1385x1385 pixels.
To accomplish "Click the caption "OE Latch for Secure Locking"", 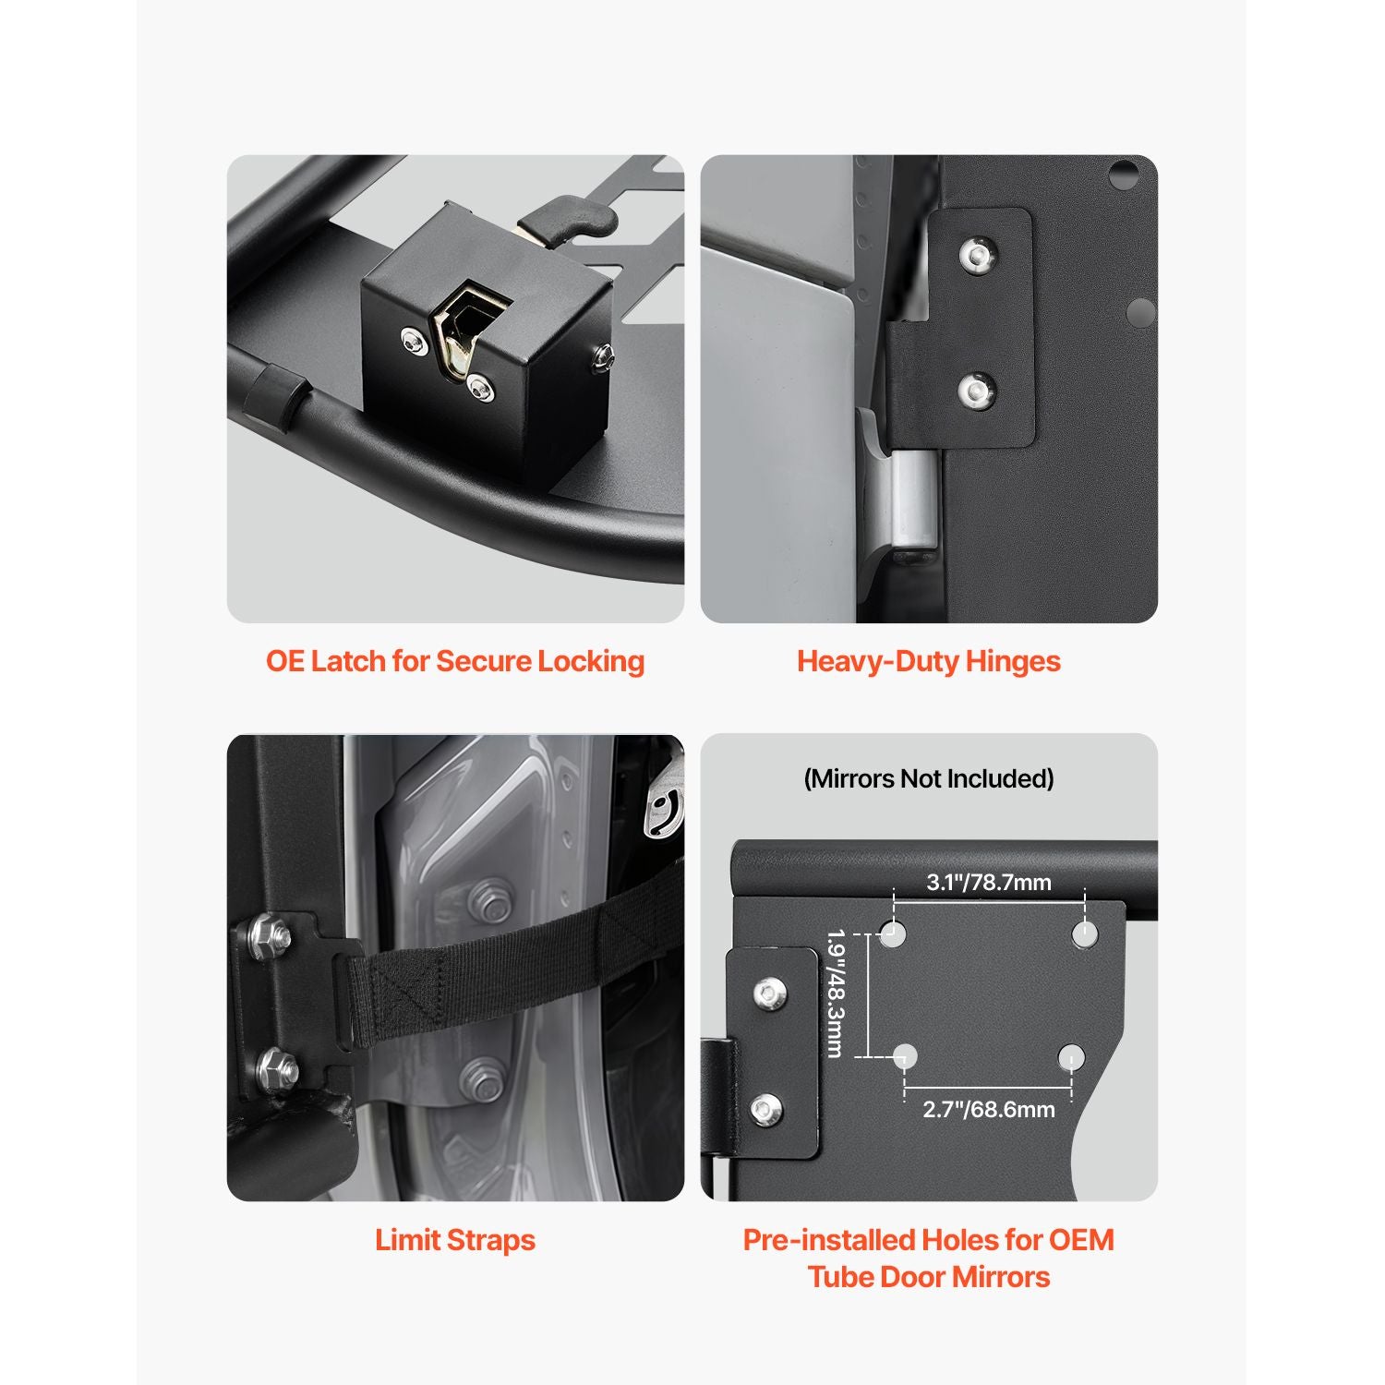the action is [455, 661].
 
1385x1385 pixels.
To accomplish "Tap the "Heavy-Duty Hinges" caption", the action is [929, 661].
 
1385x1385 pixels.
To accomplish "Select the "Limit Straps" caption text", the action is [455, 1240].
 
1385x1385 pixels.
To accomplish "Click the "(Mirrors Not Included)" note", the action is [929, 778].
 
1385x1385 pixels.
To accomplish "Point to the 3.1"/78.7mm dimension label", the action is [989, 883].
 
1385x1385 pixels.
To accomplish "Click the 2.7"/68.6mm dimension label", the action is [989, 1109].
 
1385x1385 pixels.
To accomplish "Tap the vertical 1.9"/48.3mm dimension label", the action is [836, 994].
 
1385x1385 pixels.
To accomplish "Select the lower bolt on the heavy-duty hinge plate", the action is [976, 391].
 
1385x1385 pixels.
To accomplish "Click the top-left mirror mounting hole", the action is [893, 933].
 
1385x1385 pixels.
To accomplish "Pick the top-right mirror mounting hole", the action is [1085, 934].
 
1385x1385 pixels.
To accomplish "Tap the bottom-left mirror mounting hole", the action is [905, 1056].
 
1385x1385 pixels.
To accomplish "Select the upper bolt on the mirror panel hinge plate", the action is [766, 994].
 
